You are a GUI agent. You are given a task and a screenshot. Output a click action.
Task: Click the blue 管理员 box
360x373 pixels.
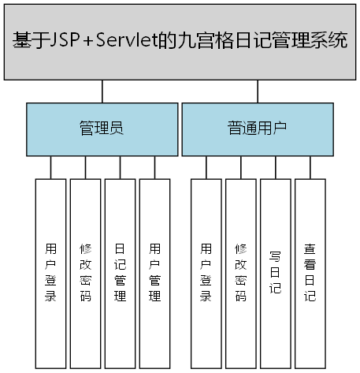[x=102, y=128]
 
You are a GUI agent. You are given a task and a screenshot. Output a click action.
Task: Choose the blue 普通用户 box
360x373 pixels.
[x=258, y=128]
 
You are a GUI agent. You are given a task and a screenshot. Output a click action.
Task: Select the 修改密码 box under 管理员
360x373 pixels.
[x=85, y=272]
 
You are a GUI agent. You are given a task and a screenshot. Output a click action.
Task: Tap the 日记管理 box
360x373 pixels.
[x=120, y=272]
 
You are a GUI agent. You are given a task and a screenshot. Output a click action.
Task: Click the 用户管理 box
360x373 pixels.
[x=154, y=272]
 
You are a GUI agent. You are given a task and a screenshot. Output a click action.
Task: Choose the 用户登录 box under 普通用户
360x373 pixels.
[x=206, y=272]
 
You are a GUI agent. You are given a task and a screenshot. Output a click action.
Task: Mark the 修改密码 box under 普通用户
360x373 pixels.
[x=241, y=272]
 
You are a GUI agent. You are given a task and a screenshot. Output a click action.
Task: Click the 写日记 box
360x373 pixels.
[x=276, y=272]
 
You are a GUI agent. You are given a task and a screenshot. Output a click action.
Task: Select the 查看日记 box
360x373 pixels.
[x=310, y=272]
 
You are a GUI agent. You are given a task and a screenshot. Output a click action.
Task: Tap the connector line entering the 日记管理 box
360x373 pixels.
[x=120, y=167]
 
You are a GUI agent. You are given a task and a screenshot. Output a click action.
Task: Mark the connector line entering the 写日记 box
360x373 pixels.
[x=276, y=167]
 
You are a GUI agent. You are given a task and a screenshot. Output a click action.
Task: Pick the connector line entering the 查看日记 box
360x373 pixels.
[x=310, y=167]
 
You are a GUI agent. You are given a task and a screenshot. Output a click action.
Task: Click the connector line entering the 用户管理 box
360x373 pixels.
[x=154, y=167]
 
